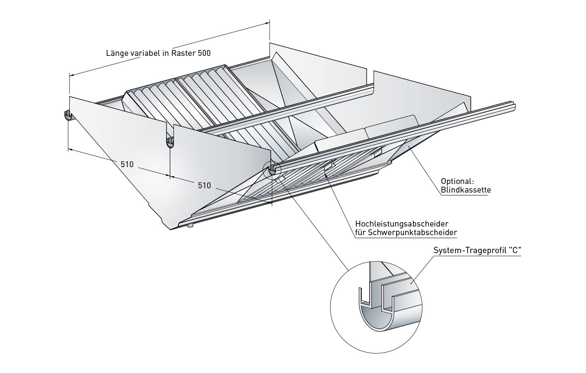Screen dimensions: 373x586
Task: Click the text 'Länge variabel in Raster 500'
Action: pyautogui.click(x=158, y=53)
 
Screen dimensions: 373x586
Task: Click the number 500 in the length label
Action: pyautogui.click(x=204, y=53)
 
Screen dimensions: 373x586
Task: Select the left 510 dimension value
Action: pyautogui.click(x=127, y=164)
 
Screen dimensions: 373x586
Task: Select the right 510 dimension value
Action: pyautogui.click(x=204, y=185)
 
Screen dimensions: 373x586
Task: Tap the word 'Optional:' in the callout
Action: pyautogui.click(x=457, y=182)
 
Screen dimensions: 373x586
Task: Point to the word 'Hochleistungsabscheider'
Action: pyautogui.click(x=401, y=224)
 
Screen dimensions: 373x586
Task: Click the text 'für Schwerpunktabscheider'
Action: pyautogui.click(x=406, y=233)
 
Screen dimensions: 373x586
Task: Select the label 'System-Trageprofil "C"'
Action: pyautogui.click(x=478, y=250)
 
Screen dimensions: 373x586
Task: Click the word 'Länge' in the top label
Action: pyautogui.click(x=116, y=53)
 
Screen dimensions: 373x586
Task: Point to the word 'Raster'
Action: pyautogui.click(x=184, y=53)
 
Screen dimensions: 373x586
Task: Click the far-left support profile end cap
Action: pyautogui.click(x=67, y=115)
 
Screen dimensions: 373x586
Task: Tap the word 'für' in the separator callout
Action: pyautogui.click(x=361, y=233)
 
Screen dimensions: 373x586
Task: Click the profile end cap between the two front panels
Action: pyautogui.click(x=170, y=142)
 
